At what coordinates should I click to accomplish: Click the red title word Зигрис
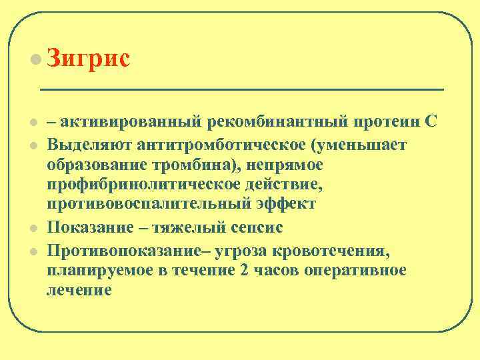[88, 59]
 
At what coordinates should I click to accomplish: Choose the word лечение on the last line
[79, 290]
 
